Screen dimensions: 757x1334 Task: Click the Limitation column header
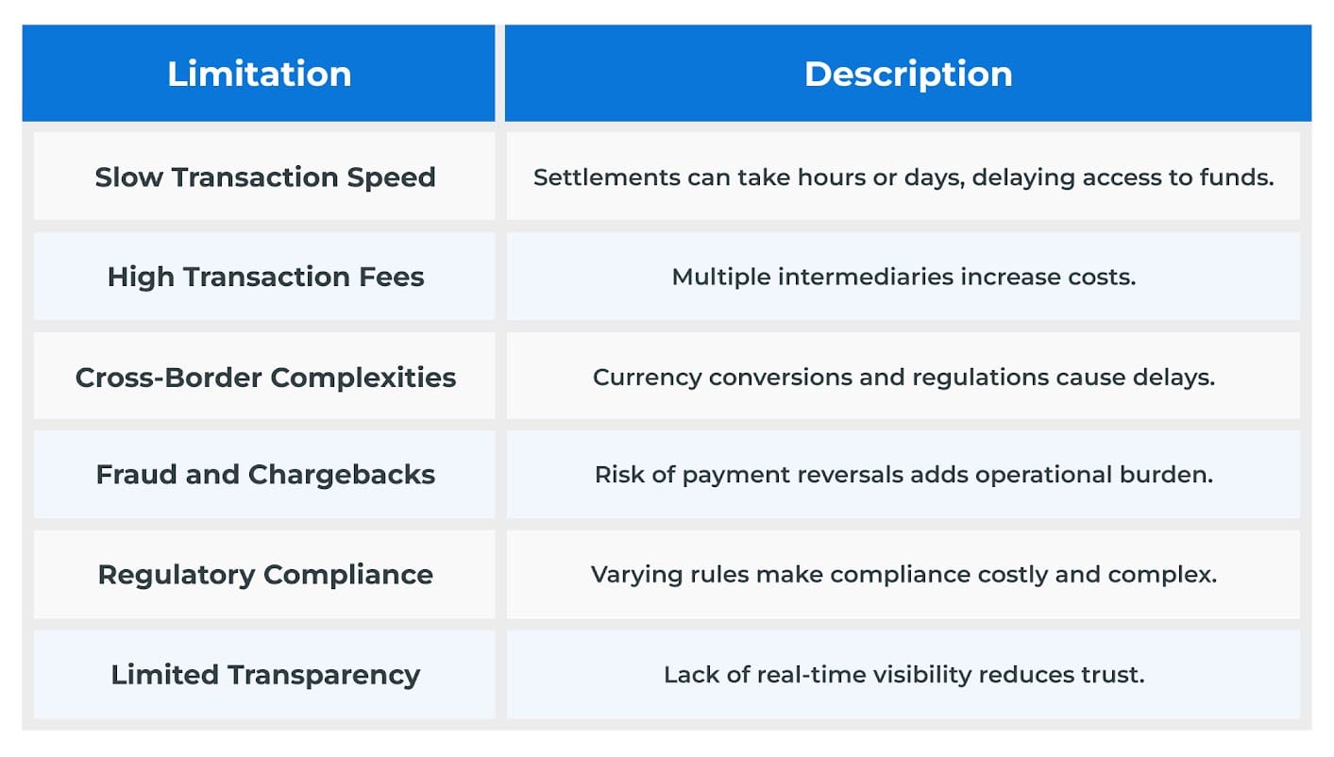click(259, 74)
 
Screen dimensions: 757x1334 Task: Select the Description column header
click(907, 74)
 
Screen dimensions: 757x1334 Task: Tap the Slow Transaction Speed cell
click(265, 177)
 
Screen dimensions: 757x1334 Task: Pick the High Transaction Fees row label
click(265, 277)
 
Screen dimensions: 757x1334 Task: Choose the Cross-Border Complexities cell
click(265, 378)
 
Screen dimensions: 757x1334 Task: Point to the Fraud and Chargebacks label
click(265, 475)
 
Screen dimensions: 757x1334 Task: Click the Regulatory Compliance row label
click(265, 575)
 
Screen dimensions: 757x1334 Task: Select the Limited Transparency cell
click(265, 675)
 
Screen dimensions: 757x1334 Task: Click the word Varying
click(628, 575)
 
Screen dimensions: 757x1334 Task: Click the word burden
click(1176, 475)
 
